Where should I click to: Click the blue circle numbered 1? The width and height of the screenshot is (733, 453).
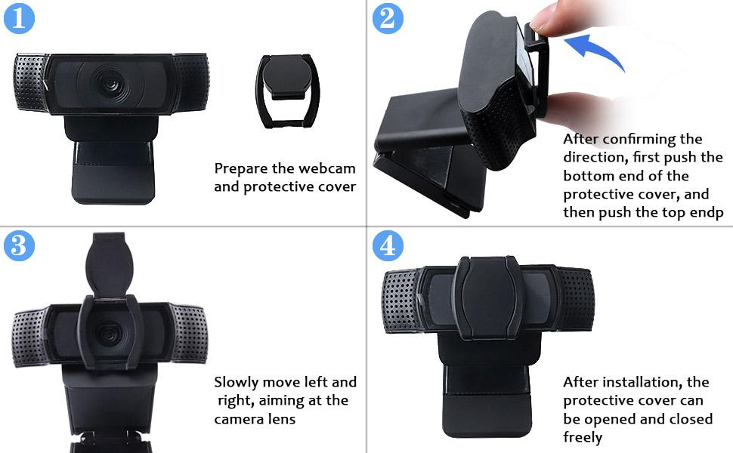coord(19,18)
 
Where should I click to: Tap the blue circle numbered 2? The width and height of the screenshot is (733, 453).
coord(388,18)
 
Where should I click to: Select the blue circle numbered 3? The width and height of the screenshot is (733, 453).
coord(19,245)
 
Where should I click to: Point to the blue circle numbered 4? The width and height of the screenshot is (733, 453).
coord(388,245)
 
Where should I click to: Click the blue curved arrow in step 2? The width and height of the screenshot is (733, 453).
coord(598,49)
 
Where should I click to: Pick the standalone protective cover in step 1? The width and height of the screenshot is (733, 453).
coord(287,91)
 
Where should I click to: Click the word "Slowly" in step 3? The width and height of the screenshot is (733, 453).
coord(237,383)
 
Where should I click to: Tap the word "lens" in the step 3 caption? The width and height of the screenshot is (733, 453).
coord(283,419)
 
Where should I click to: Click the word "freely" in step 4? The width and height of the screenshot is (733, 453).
coord(583,437)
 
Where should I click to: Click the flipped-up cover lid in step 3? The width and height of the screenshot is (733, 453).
coord(110,263)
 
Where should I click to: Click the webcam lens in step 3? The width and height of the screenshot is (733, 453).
coord(110,334)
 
